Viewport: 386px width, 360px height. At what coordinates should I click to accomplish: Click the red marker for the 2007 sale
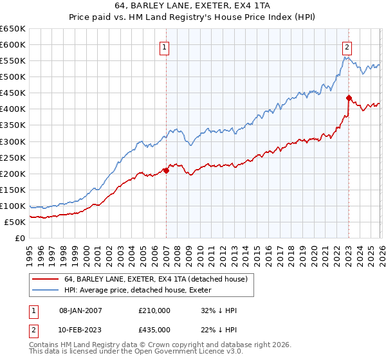point(166,170)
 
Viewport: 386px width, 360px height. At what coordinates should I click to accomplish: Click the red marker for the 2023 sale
point(349,98)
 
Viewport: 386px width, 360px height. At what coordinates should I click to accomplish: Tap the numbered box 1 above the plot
point(165,47)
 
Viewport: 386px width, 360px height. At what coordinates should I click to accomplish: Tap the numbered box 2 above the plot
point(347,47)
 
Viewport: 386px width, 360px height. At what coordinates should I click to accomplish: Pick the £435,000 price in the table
point(154,329)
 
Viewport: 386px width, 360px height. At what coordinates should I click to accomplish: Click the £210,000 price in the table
point(154,310)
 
